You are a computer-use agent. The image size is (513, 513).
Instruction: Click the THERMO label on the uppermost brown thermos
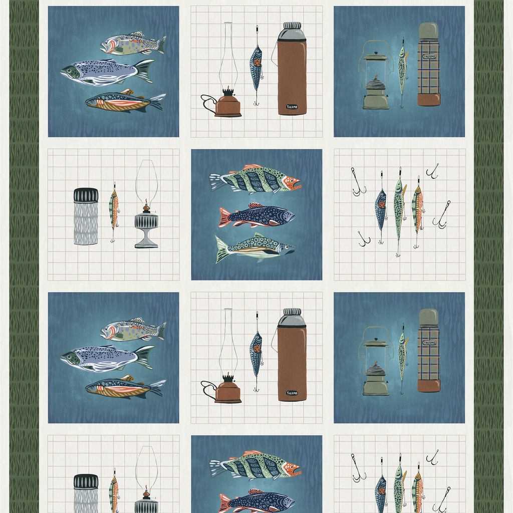pyautogui.click(x=292, y=107)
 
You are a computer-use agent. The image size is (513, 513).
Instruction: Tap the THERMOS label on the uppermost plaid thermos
pyautogui.click(x=429, y=57)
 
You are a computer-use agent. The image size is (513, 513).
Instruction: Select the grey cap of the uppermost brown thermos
pyautogui.click(x=292, y=32)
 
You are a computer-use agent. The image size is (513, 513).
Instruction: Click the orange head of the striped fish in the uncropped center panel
pyautogui.click(x=291, y=183)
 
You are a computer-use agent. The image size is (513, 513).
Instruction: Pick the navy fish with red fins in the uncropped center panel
pyautogui.click(x=256, y=216)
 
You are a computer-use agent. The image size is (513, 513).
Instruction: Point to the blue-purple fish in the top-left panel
pyautogui.click(x=105, y=72)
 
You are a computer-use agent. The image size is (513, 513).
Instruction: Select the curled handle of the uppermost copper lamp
pyautogui.click(x=207, y=103)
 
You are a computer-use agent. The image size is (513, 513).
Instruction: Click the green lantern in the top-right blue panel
pyautogui.click(x=375, y=80)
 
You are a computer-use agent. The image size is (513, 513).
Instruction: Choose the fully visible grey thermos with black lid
pyautogui.click(x=86, y=216)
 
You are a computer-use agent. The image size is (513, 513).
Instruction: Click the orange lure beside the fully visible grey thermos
pyautogui.click(x=114, y=210)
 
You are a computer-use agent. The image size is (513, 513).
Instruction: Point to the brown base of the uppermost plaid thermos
pyautogui.click(x=429, y=99)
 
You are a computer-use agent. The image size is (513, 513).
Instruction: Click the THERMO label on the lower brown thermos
pyautogui.click(x=292, y=393)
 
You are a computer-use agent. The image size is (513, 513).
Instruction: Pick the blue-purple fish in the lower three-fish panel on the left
pyautogui.click(x=105, y=359)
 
